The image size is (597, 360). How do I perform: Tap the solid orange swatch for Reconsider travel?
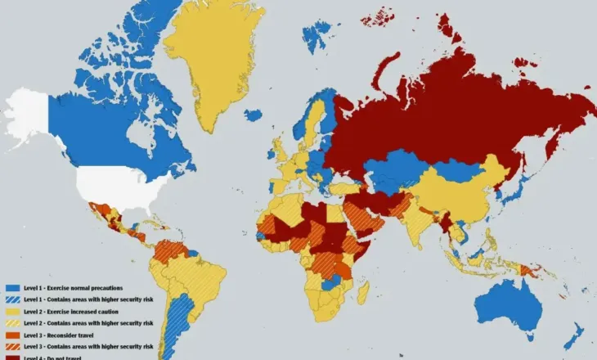coord(12,335)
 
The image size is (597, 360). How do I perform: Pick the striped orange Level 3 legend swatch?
coord(12,346)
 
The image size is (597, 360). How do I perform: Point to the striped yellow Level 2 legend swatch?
coord(12,324)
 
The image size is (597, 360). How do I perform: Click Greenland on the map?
coord(213,57)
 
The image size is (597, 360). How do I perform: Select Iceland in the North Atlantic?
coord(254,115)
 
